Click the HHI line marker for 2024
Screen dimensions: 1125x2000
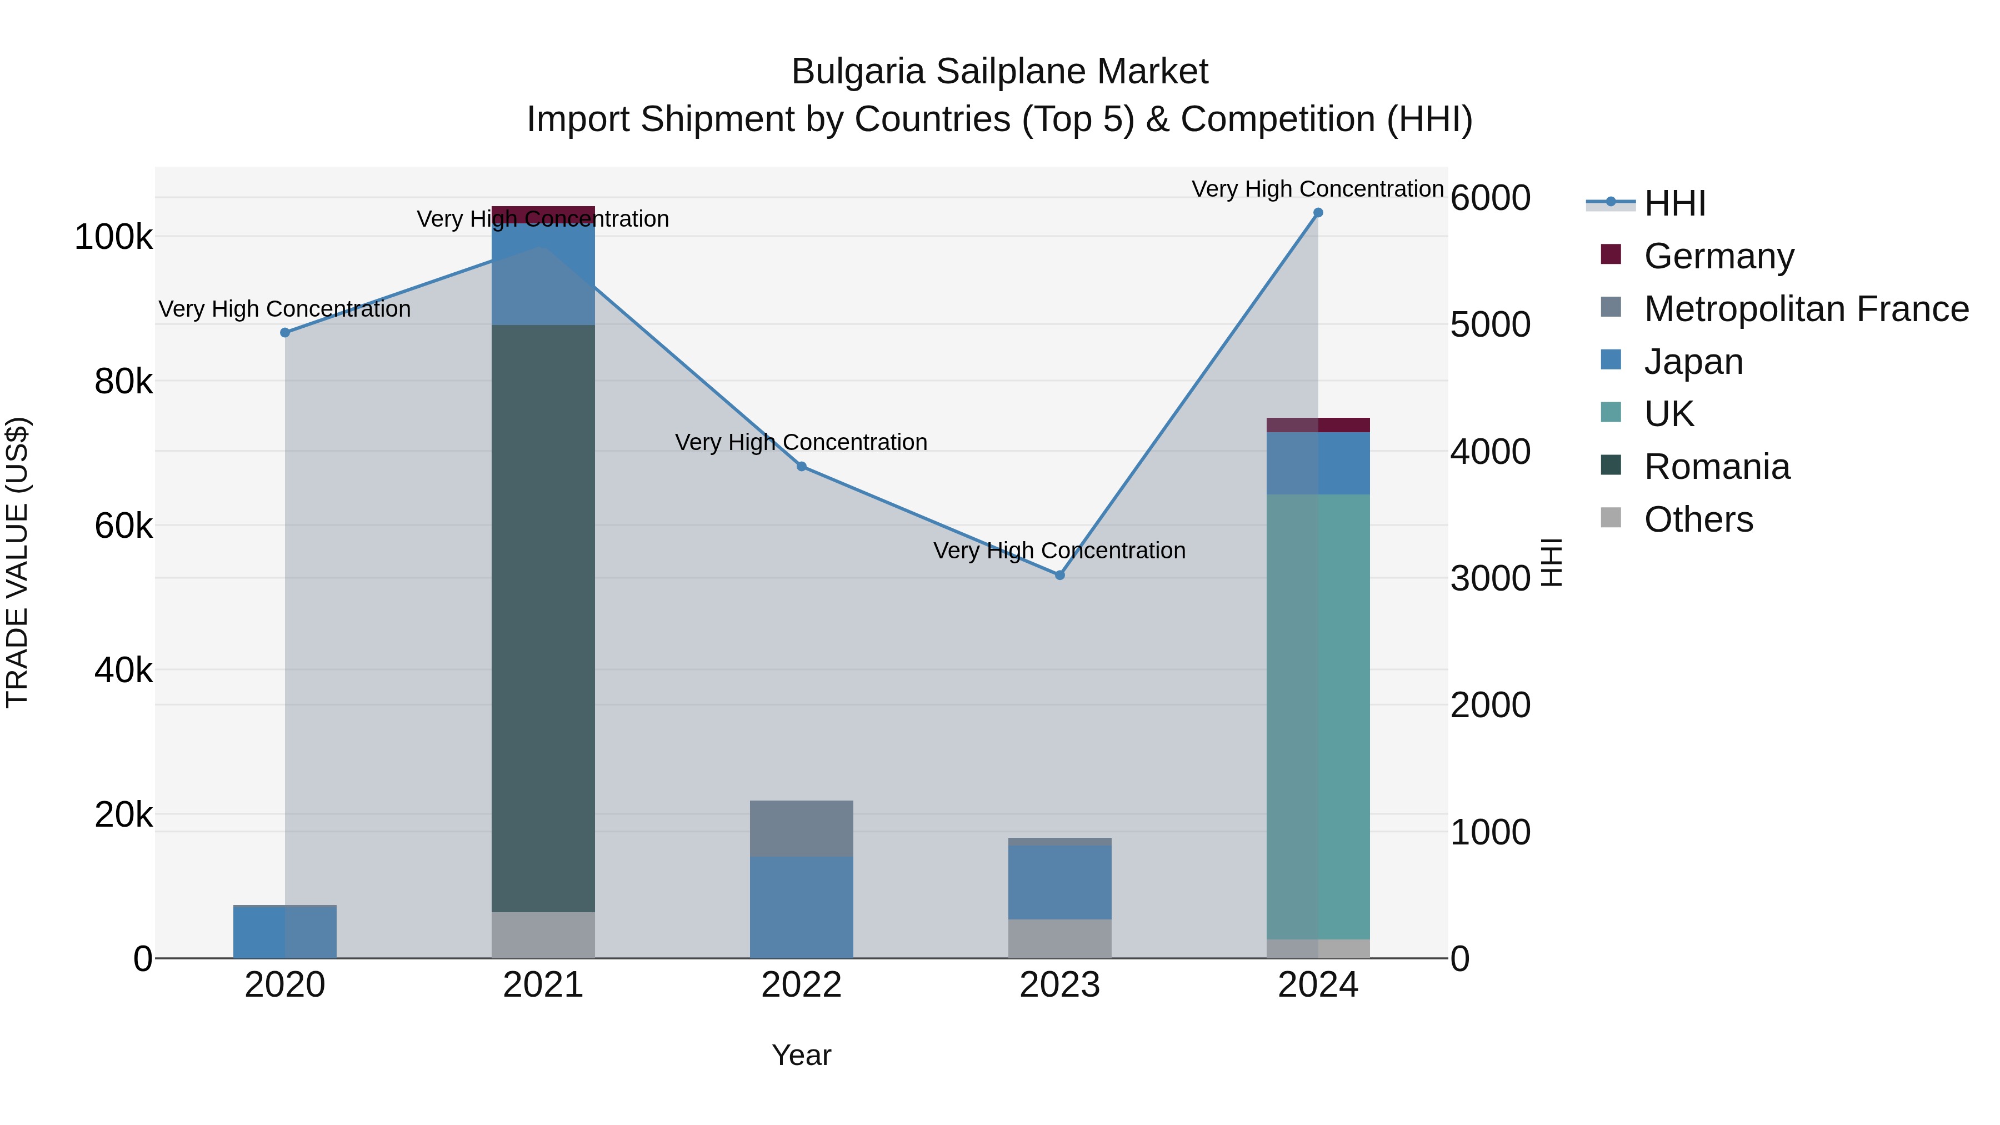[x=1318, y=213]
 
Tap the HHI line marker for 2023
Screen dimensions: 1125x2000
[x=1060, y=576]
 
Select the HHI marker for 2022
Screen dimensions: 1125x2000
[x=801, y=467]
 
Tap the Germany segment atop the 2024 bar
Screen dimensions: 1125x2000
[x=1318, y=424]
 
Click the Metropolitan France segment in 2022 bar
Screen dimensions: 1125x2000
[x=801, y=828]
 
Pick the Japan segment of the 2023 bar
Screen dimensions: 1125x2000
[x=1060, y=882]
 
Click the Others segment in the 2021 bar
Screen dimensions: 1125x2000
[x=543, y=935]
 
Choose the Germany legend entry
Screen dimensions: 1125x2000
[x=1718, y=256]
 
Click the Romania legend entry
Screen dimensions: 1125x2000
[x=1716, y=467]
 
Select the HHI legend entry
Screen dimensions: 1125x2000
[x=1674, y=203]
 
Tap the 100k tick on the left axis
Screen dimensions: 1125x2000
[x=113, y=237]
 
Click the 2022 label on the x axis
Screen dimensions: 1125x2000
[x=801, y=985]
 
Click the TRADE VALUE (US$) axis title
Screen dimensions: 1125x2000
[x=17, y=562]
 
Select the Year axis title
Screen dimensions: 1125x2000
[x=801, y=1055]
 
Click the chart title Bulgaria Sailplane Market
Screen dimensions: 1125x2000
[x=999, y=72]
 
